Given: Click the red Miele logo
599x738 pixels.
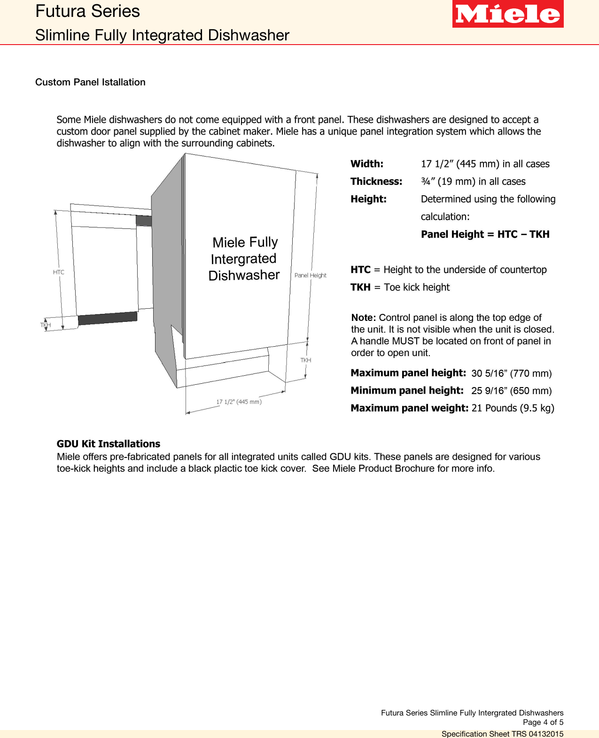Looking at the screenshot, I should [x=507, y=14].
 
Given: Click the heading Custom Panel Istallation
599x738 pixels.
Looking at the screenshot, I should [x=90, y=82].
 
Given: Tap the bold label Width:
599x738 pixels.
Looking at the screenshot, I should [x=366, y=164].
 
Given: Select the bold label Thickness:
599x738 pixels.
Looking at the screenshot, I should [x=376, y=182].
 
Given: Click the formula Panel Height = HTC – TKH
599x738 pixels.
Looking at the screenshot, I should [x=485, y=234].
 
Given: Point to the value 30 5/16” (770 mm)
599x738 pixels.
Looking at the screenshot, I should [x=511, y=373].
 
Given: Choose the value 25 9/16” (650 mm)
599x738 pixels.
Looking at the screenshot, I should [x=511, y=391].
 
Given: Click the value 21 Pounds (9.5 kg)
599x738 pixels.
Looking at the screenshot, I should [x=513, y=408].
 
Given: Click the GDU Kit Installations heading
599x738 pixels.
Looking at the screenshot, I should [x=108, y=444].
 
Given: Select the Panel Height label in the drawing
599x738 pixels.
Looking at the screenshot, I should [x=310, y=275].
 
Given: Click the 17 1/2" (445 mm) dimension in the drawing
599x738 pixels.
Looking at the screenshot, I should [x=239, y=402].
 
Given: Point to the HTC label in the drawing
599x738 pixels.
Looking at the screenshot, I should [x=59, y=272].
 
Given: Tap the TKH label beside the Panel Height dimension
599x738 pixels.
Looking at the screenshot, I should [x=305, y=360].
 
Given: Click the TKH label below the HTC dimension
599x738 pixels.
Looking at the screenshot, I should [x=46, y=325].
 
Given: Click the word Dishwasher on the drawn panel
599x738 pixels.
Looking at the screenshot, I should [x=244, y=275].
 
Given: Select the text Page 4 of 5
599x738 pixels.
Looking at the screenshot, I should [x=543, y=723].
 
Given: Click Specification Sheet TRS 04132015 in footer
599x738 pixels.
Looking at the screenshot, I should [x=502, y=734].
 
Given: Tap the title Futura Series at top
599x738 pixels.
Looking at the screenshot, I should [x=87, y=11].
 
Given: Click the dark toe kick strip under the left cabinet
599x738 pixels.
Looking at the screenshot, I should [x=108, y=318].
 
